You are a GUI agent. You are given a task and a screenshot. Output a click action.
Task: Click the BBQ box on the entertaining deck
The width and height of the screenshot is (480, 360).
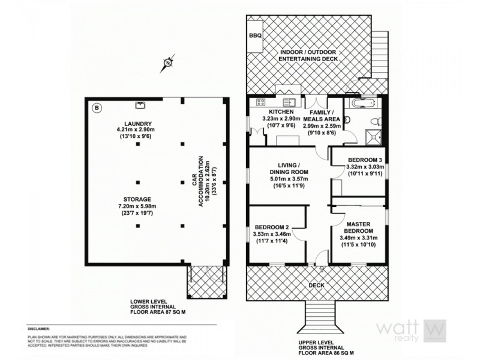(255, 36)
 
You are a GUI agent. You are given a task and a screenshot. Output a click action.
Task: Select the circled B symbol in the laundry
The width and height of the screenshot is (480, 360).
(97, 109)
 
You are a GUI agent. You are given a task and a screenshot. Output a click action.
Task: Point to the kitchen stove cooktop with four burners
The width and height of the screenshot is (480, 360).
(262, 101)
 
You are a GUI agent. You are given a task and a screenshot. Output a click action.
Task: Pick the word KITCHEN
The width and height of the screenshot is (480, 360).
(281, 112)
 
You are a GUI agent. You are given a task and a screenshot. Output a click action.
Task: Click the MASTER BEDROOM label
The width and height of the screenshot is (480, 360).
(359, 227)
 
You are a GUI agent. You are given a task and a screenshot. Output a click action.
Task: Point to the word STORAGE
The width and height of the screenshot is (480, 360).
(138, 199)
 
